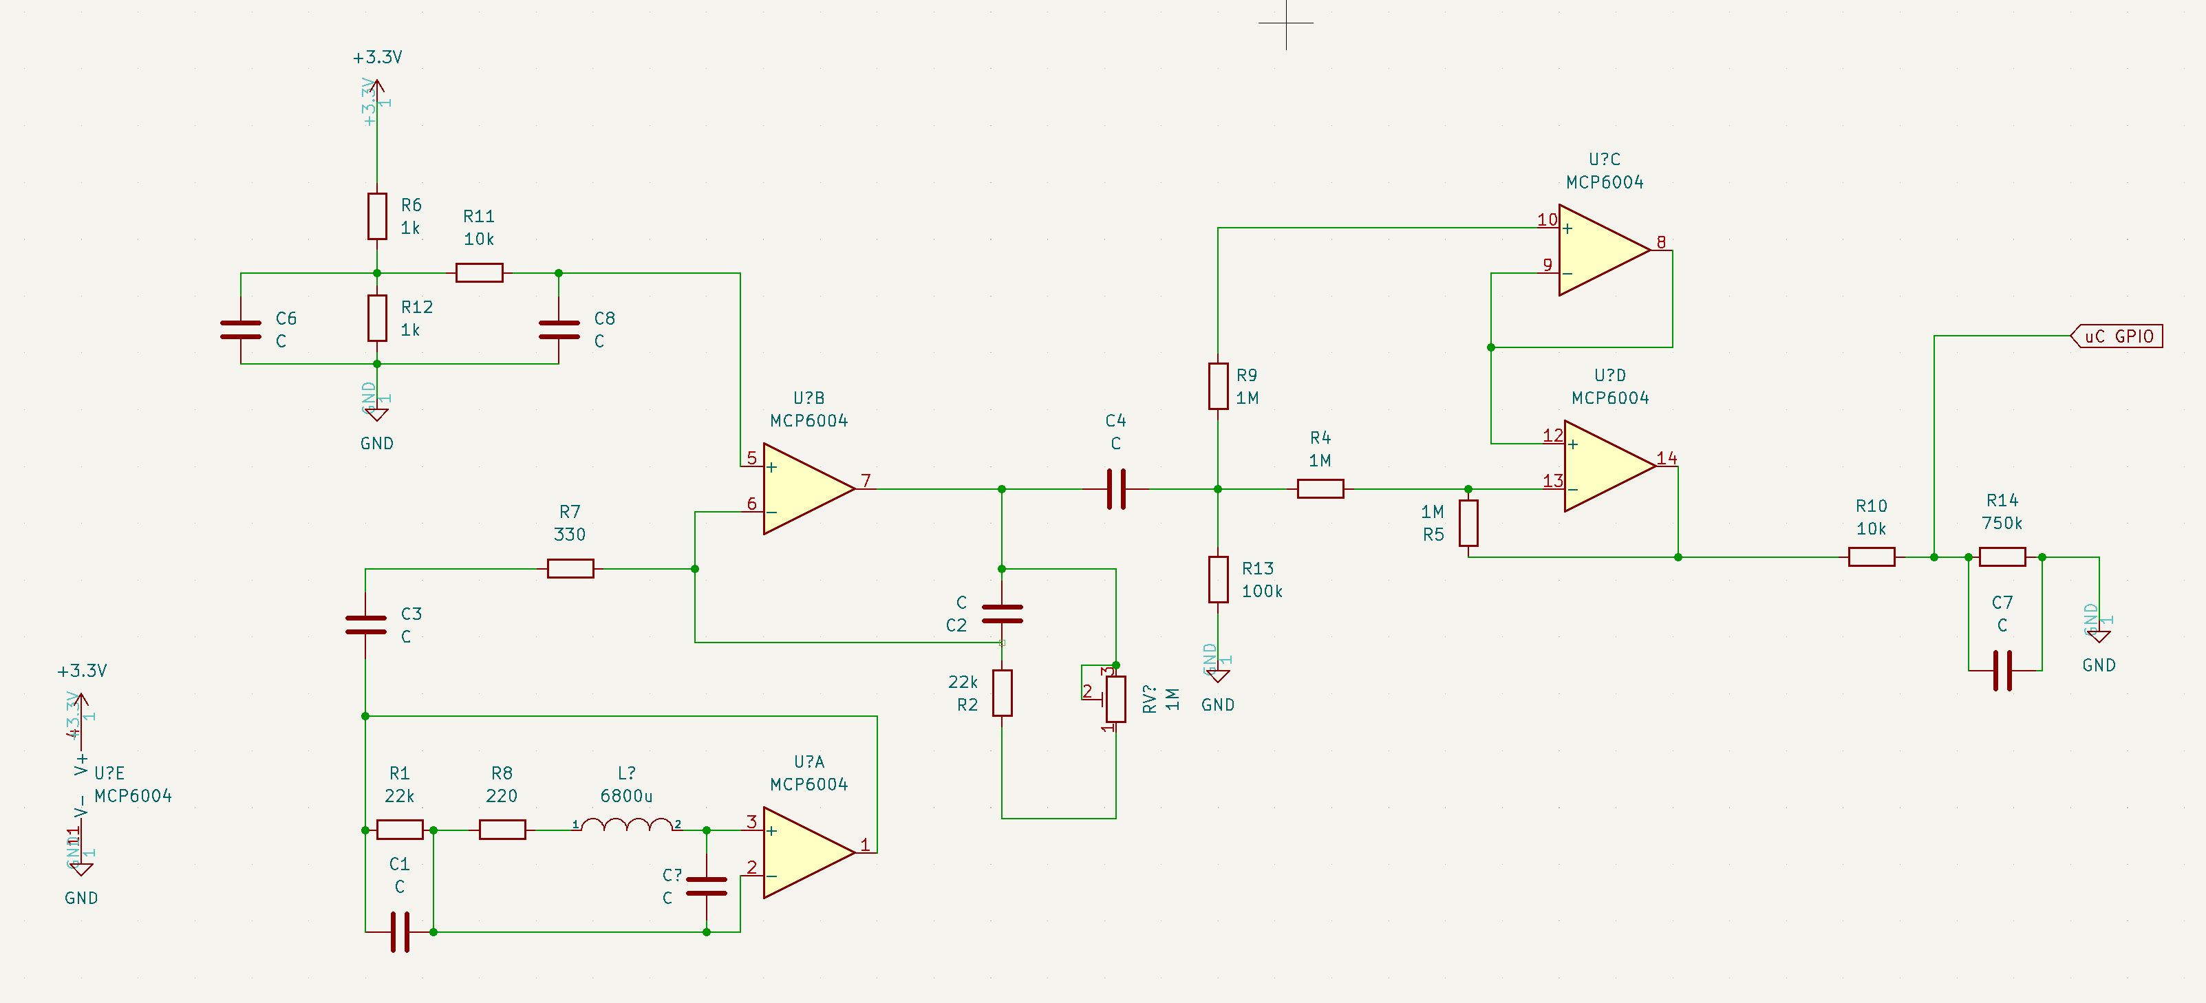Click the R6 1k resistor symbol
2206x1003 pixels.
click(x=377, y=216)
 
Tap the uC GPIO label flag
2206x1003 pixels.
click(x=2117, y=336)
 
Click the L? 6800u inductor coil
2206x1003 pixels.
click(x=627, y=825)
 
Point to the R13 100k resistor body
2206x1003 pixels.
click(x=1218, y=579)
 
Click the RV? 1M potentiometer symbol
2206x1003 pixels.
click(x=1115, y=699)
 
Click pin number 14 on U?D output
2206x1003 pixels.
click(x=1666, y=458)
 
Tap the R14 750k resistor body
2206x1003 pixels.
click(x=2002, y=557)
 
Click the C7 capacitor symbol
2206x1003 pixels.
click(x=2002, y=670)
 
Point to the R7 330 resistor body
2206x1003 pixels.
click(x=570, y=568)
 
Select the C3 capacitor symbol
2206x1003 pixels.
click(x=365, y=625)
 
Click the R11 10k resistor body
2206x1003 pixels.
click(x=479, y=273)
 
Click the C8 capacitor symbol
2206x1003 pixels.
click(x=558, y=330)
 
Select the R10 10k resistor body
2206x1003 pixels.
click(x=1871, y=557)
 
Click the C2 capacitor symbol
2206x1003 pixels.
click(x=1002, y=613)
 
